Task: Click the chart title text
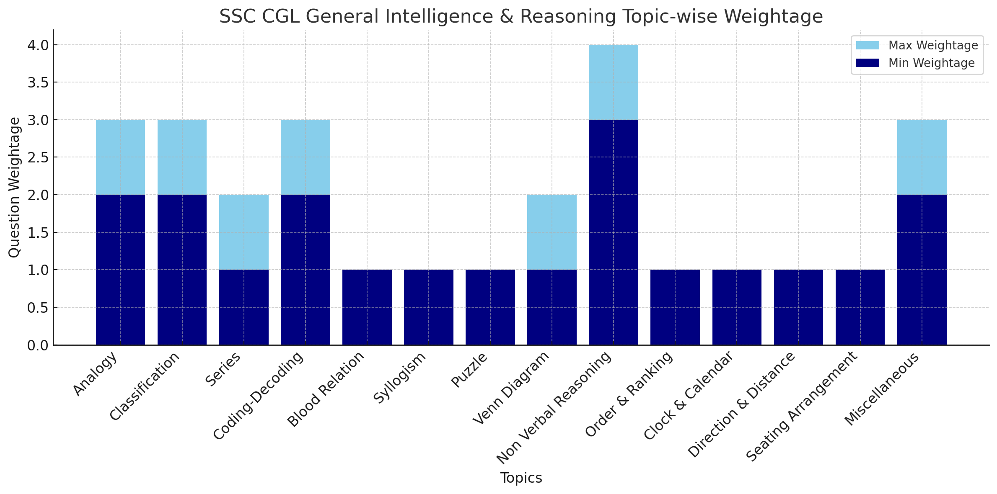click(x=521, y=17)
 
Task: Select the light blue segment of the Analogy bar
click(x=120, y=157)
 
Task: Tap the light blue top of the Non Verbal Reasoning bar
click(x=613, y=82)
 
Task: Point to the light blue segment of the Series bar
click(x=243, y=232)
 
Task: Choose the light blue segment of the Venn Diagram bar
click(x=552, y=232)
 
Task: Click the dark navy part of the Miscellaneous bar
click(x=922, y=270)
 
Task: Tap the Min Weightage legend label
click(x=932, y=63)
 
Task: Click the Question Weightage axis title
click(x=14, y=187)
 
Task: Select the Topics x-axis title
click(x=521, y=478)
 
